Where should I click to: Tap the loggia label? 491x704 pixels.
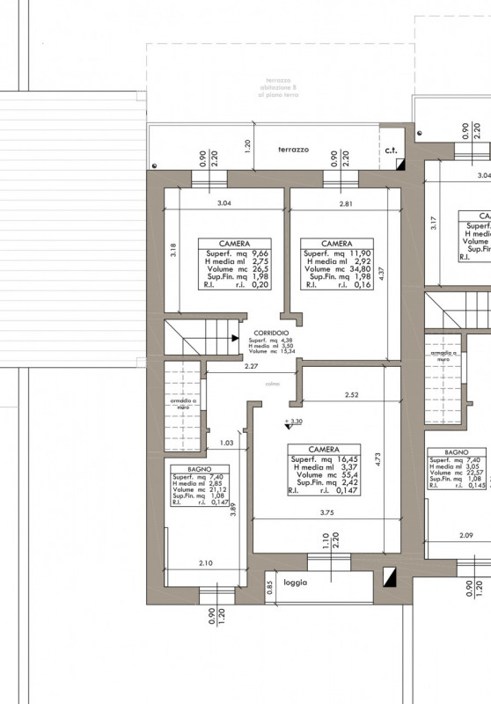coord(296,582)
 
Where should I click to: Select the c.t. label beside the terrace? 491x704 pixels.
coord(392,150)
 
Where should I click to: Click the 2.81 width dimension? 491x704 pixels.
coord(349,203)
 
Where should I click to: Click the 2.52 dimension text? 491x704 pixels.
coord(353,393)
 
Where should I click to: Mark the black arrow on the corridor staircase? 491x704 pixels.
coord(234,337)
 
